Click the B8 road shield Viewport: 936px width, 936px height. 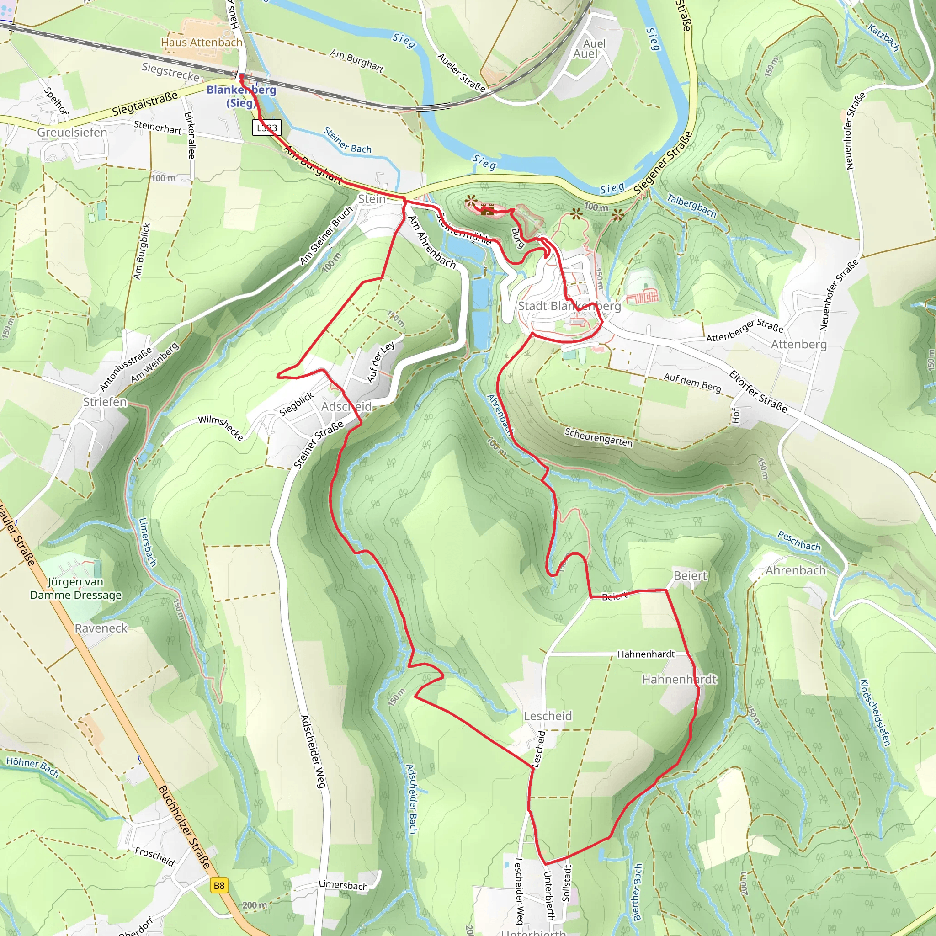(x=219, y=886)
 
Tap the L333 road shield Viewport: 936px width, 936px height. (x=267, y=128)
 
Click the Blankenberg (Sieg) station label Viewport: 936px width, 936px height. (x=241, y=96)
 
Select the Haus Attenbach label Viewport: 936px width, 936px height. (x=202, y=43)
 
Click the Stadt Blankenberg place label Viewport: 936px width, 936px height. (x=569, y=306)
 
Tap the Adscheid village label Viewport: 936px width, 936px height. (x=346, y=406)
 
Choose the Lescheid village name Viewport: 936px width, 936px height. (x=548, y=716)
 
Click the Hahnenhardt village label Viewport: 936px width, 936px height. (x=679, y=680)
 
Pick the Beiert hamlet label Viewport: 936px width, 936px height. (x=691, y=575)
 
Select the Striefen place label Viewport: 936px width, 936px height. (x=105, y=402)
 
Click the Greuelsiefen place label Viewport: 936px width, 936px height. (x=72, y=132)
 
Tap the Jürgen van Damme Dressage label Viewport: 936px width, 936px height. (x=76, y=588)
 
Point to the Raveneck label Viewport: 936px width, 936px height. (x=101, y=628)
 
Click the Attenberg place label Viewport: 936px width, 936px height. (x=799, y=345)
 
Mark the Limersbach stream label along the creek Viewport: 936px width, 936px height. (x=147, y=542)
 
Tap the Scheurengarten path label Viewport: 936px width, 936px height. (x=598, y=437)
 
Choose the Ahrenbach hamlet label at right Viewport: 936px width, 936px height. (x=796, y=571)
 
